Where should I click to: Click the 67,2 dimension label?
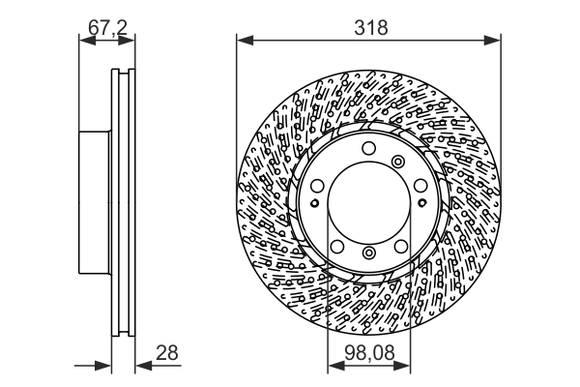[x=108, y=27]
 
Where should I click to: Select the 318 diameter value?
[x=369, y=27]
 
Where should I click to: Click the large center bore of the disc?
[x=368, y=202]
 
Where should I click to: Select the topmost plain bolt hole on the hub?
[x=368, y=148]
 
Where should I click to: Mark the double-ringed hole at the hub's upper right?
[x=398, y=162]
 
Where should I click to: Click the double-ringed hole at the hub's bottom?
[x=368, y=253]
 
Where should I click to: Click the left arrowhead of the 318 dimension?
[x=243, y=40]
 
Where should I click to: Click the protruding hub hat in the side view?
[x=94, y=202]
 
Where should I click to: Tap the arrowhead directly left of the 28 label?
[x=140, y=365]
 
